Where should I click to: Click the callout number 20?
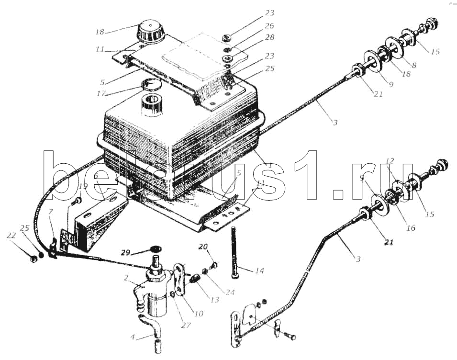coord(203,247)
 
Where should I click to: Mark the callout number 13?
coord(214,300)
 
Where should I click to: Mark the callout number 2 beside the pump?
coord(125,277)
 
